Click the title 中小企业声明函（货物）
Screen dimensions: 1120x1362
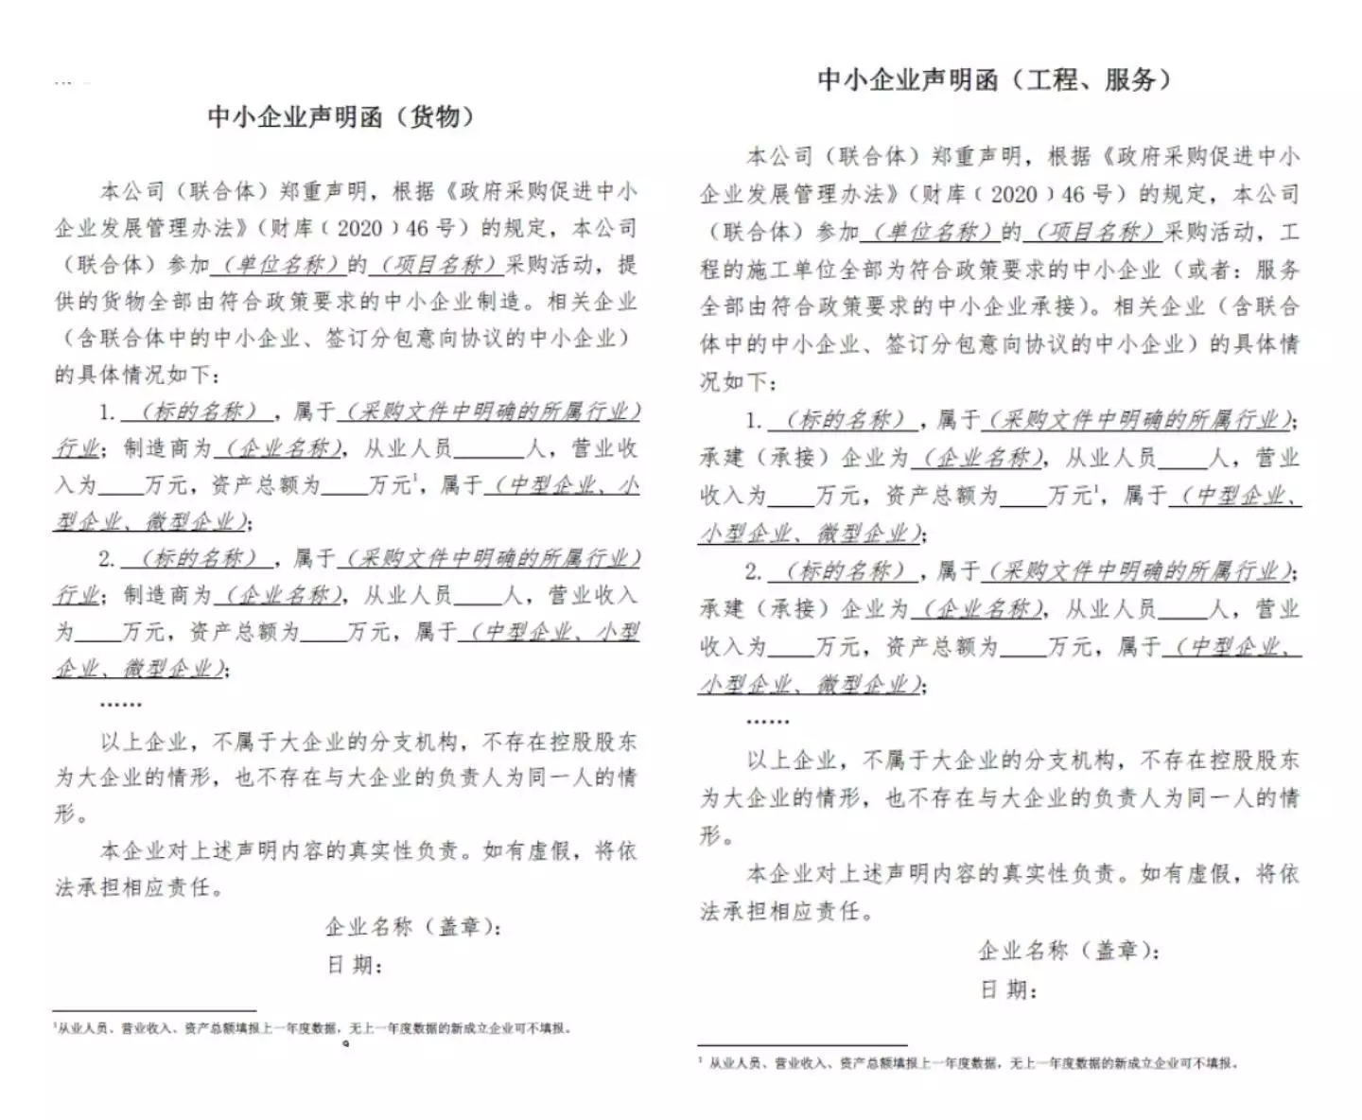click(340, 116)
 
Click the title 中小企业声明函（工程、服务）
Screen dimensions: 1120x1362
click(995, 79)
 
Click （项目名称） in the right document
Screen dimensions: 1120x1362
click(1095, 232)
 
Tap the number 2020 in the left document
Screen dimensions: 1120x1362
click(359, 228)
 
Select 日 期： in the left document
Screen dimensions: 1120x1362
click(354, 965)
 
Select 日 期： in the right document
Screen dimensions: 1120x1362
click(1008, 989)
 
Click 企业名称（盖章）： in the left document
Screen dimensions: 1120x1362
click(413, 927)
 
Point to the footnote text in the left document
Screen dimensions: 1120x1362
click(312, 1029)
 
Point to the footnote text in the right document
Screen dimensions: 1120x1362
click(969, 1063)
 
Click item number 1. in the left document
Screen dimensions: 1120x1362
click(107, 412)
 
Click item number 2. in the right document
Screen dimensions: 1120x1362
click(753, 571)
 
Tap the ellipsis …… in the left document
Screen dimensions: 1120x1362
click(120, 704)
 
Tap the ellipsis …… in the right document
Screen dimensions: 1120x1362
click(767, 722)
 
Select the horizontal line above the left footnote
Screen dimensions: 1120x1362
click(154, 1010)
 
